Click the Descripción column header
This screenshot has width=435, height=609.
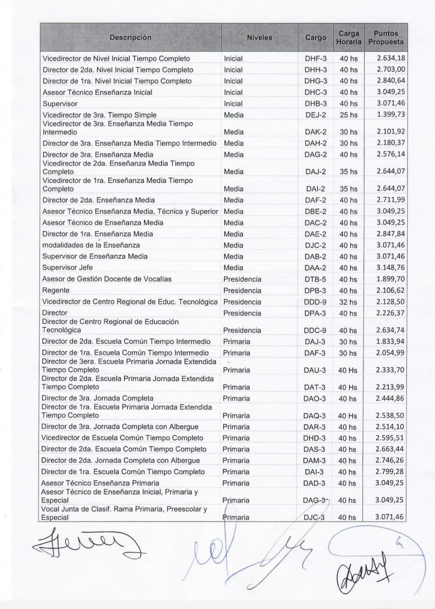pos(130,37)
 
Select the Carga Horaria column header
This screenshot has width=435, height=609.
pos(349,37)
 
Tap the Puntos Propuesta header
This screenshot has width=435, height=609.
pos(385,37)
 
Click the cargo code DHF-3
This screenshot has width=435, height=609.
pos(315,58)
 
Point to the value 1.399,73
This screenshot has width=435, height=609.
pos(391,114)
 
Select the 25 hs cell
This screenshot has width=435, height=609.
pos(348,115)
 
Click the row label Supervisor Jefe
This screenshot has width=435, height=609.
pos(67,267)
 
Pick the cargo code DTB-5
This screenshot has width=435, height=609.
pos(315,279)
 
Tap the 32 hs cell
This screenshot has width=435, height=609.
pos(348,302)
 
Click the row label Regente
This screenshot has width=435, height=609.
pos(56,290)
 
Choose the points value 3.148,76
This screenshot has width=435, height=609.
pos(390,267)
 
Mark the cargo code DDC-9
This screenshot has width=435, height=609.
pos(315,330)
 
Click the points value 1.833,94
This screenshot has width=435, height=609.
pos(390,342)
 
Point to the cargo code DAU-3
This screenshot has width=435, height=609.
pos(315,370)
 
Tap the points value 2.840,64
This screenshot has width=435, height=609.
pos(391,80)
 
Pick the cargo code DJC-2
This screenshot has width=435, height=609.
pos(315,245)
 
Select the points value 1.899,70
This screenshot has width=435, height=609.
pos(390,279)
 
